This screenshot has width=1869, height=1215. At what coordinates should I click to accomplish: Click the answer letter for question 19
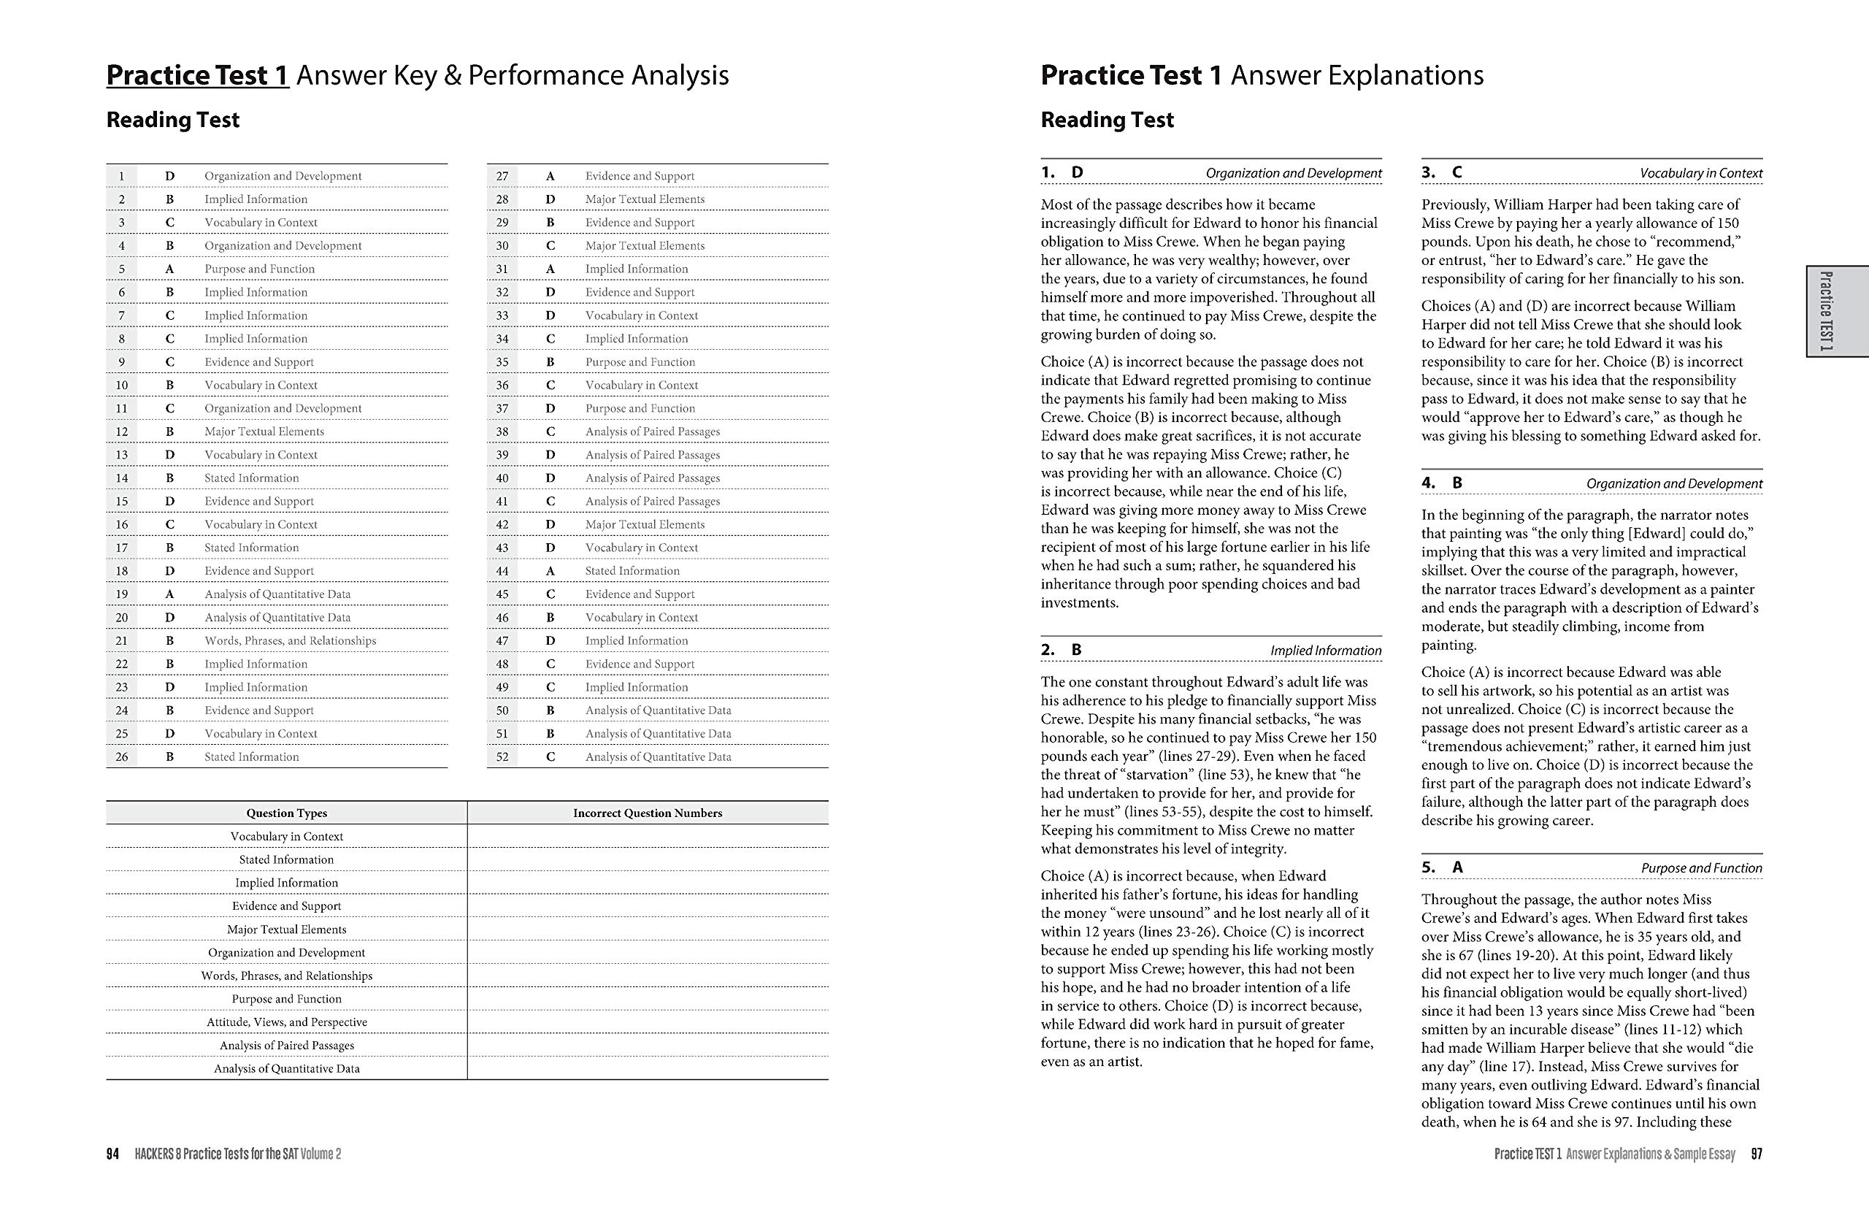169,594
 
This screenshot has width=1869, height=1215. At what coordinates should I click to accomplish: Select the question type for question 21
290,640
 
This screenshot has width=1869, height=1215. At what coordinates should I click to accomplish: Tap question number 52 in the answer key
502,756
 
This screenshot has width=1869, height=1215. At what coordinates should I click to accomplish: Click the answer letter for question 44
550,571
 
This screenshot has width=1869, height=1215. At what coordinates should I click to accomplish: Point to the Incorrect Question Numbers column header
647,813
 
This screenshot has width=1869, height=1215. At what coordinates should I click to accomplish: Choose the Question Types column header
287,813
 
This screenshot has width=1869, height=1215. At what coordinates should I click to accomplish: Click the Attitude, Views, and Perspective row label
287,1022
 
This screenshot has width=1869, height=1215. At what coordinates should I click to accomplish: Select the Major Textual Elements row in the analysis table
287,929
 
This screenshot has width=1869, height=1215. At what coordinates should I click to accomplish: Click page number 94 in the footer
112,1154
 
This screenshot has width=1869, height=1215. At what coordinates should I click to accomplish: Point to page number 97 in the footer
1757,1154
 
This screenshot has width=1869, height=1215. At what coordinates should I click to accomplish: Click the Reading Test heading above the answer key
173,120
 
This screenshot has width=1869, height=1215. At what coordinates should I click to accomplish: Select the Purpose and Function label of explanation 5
1701,868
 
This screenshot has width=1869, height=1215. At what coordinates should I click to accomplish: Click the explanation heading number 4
1427,483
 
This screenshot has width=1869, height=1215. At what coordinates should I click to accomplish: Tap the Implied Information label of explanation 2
1326,651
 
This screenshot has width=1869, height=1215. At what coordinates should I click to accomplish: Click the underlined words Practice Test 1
197,75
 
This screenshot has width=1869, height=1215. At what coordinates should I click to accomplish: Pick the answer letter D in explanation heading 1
1077,172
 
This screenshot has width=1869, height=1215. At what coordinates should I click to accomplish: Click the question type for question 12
264,432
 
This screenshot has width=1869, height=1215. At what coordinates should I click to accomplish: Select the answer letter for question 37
550,408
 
